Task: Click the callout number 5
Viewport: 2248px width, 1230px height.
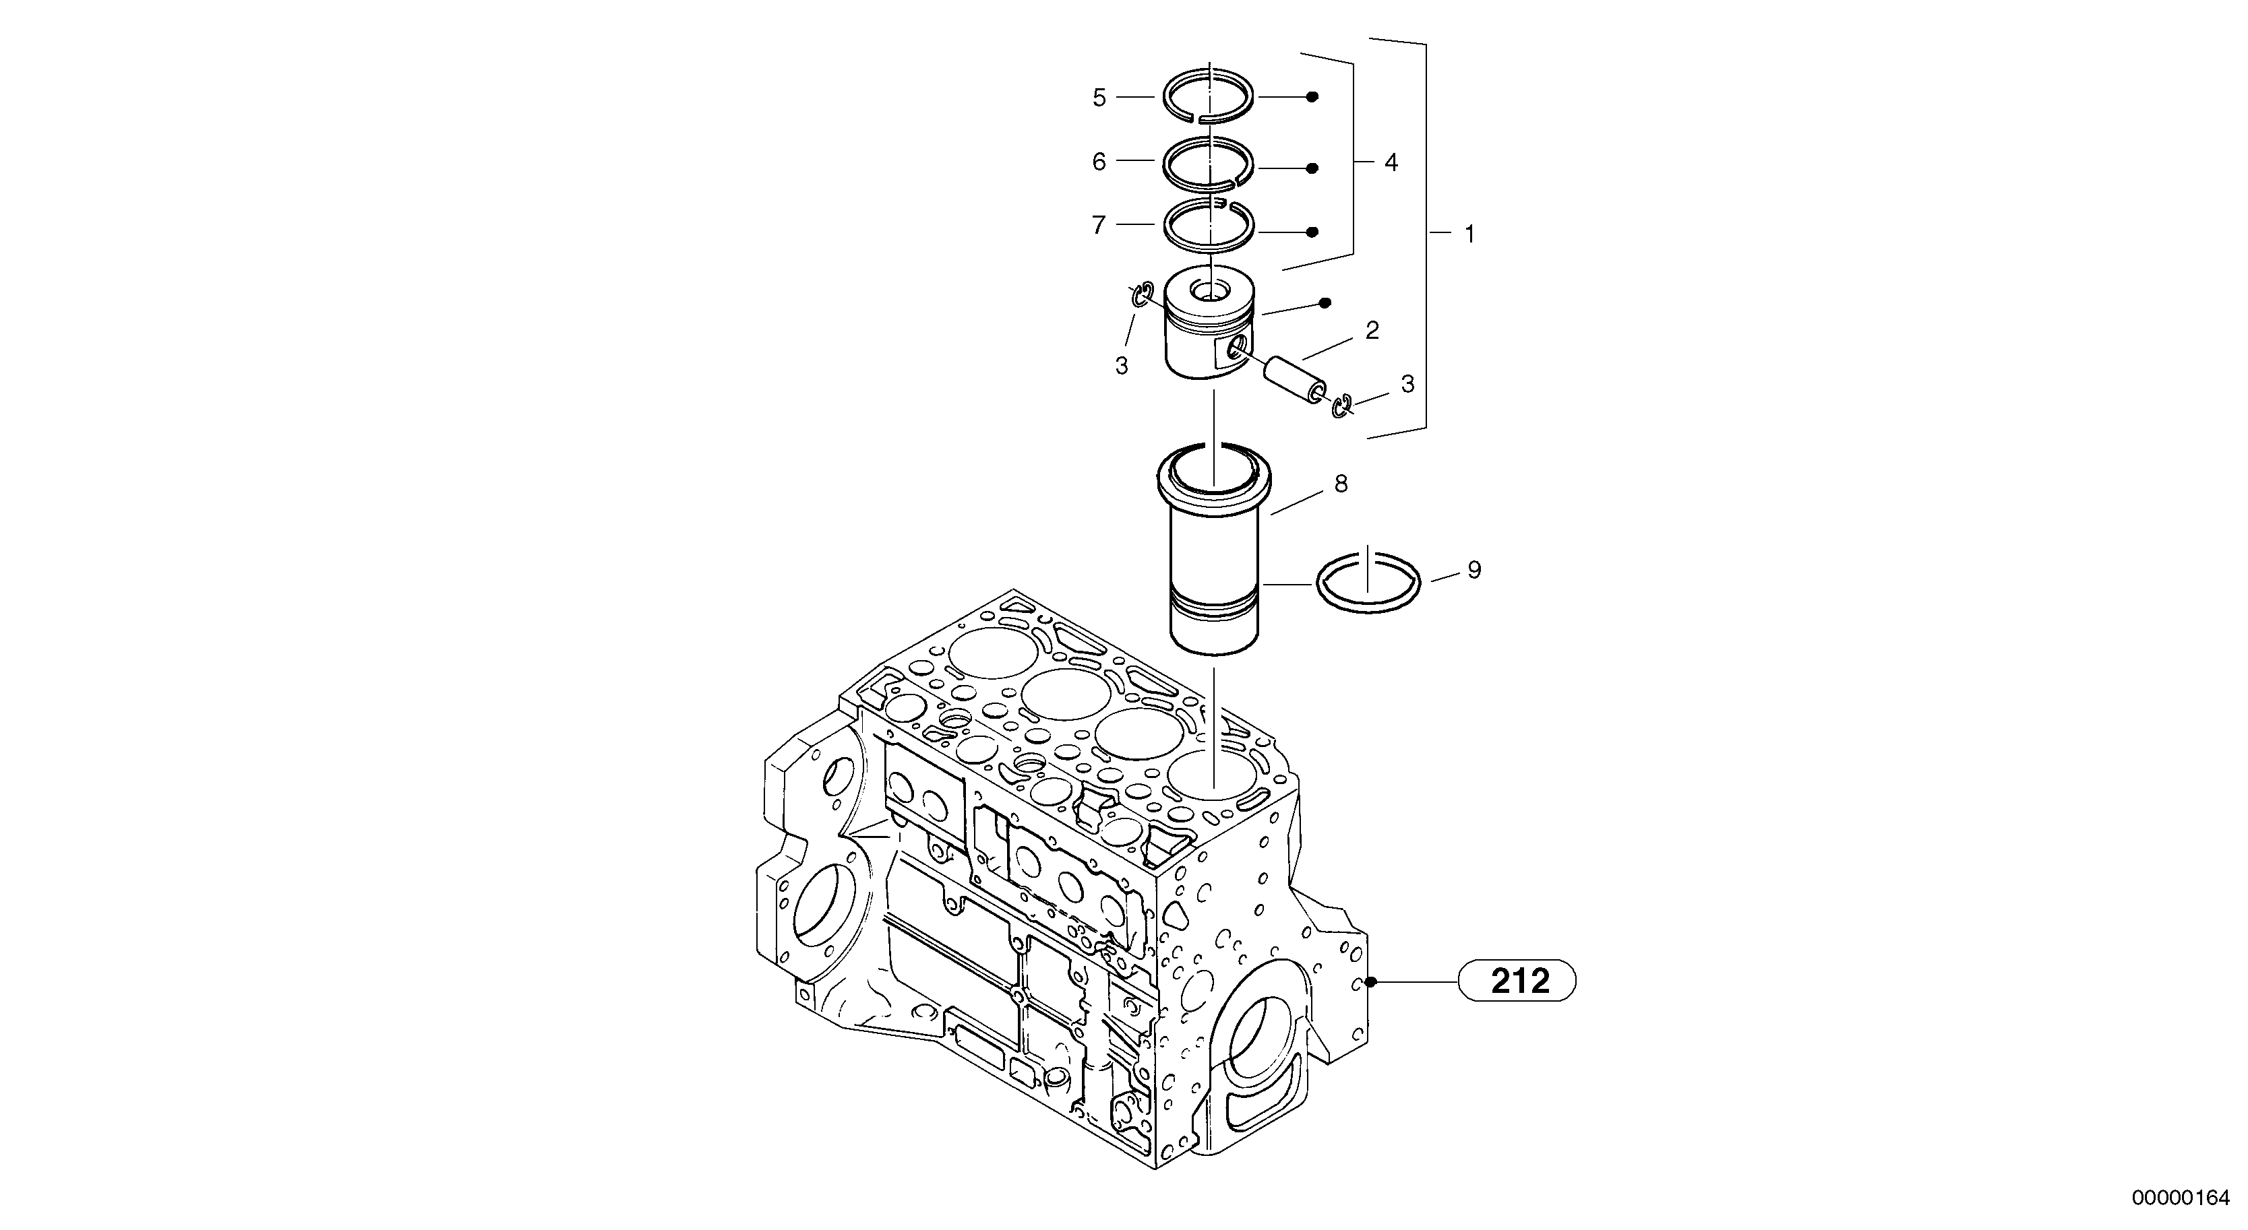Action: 1099,98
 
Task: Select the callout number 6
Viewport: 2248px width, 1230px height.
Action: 1099,162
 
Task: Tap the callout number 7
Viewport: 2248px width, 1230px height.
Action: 1099,226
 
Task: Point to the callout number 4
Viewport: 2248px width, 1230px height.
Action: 1391,162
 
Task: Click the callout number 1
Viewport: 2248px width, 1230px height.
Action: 1469,234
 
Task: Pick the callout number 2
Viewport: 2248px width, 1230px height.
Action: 1372,331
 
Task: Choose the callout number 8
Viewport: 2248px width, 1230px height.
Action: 1341,484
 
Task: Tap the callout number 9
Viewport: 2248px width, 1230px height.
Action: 1474,571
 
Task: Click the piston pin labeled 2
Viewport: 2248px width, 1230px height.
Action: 1295,379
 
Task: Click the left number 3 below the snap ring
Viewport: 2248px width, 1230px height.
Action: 1122,366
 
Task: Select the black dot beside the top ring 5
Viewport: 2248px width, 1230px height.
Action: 1312,97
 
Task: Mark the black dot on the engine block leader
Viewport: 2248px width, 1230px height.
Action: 1371,982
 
